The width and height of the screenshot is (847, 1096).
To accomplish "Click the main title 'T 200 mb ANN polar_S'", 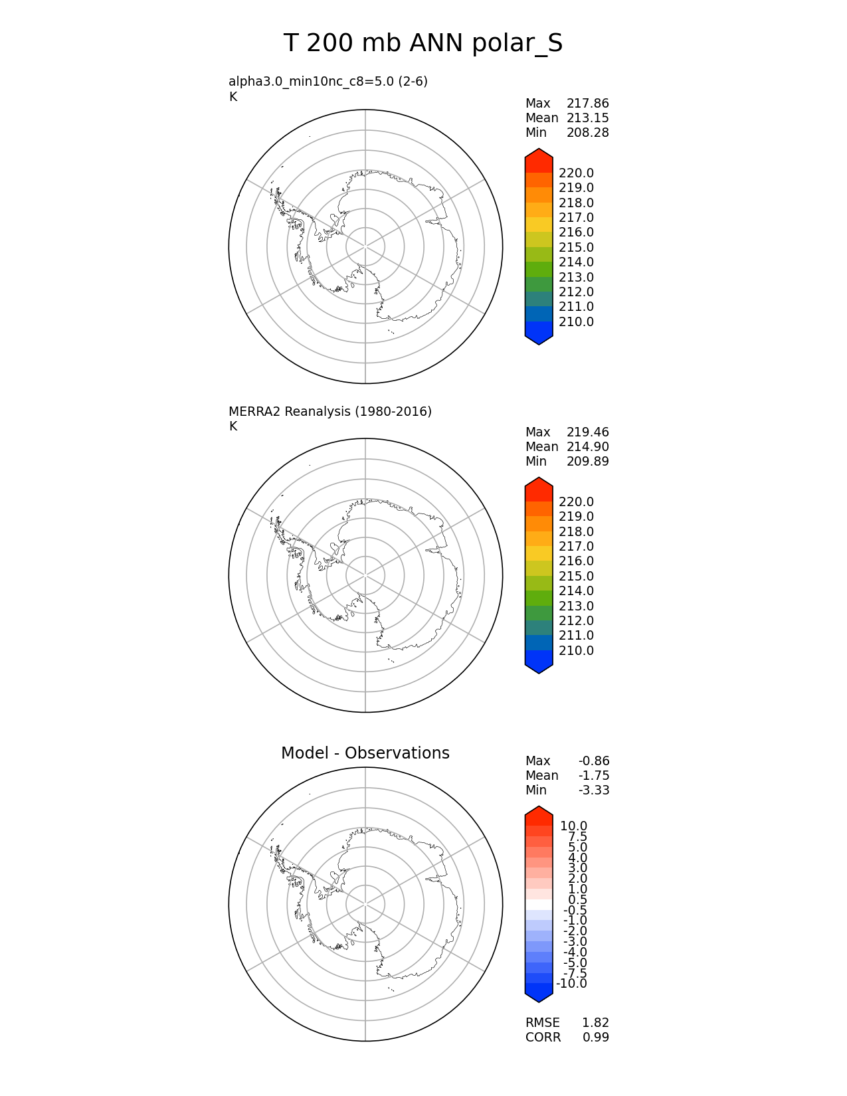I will click(x=423, y=44).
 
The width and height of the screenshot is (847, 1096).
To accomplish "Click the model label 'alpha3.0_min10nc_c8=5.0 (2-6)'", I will click(x=328, y=82).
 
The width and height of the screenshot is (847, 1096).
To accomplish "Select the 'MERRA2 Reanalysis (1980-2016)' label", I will click(x=330, y=412).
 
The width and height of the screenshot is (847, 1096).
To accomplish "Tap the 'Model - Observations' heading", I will click(x=365, y=753).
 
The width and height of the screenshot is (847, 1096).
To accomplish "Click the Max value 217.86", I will click(x=587, y=104).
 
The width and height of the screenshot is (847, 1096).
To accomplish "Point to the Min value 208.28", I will click(x=587, y=133).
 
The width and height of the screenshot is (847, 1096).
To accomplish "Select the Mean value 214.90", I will click(x=587, y=447).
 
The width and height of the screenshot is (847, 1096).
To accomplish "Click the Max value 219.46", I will click(x=587, y=432).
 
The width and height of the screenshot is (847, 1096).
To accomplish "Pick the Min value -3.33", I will click(x=593, y=790).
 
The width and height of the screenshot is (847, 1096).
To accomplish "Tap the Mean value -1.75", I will click(x=593, y=776).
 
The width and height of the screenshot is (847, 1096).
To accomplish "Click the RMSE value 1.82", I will click(x=595, y=1023).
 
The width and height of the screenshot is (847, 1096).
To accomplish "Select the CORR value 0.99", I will click(x=595, y=1038).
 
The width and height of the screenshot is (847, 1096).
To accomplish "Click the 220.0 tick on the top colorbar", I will click(x=576, y=174).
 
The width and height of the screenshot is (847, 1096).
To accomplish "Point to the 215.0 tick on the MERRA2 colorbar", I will click(x=576, y=577).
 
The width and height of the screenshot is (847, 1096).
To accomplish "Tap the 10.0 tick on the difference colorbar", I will click(x=573, y=826).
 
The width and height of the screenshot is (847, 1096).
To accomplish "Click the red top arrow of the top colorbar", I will click(x=539, y=159).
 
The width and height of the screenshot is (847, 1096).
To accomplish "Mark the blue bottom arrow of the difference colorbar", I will click(x=539, y=992).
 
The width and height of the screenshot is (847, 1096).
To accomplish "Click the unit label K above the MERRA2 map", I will click(x=233, y=426).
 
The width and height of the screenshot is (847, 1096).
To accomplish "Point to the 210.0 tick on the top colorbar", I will click(x=576, y=322).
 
